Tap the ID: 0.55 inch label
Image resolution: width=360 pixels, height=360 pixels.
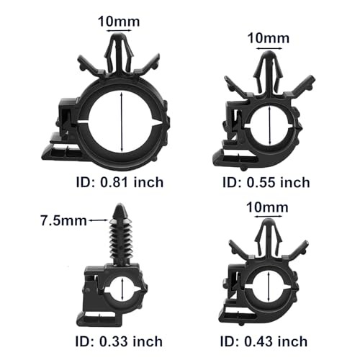click(x=266, y=181)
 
